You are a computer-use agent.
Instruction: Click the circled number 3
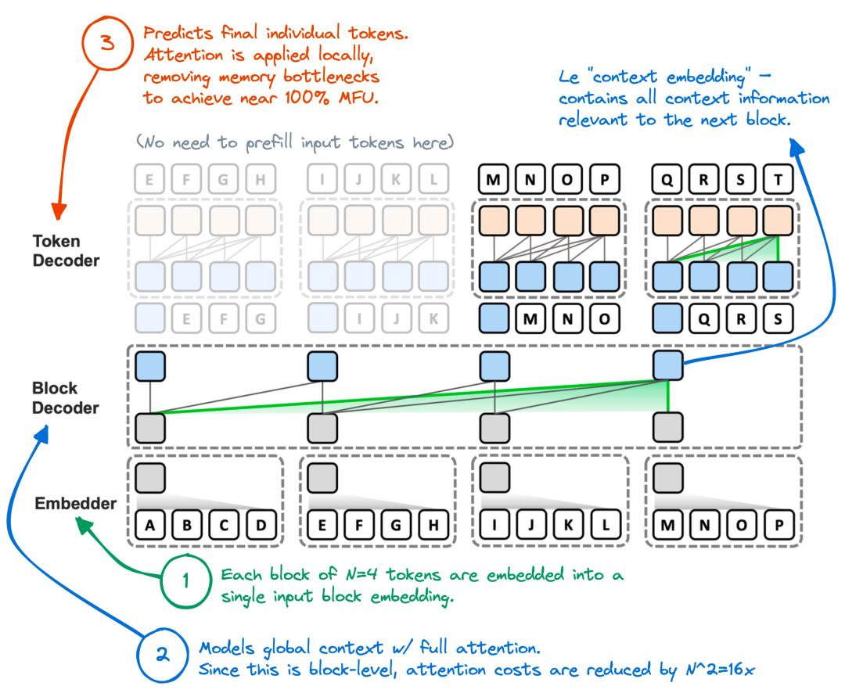pyautogui.click(x=108, y=42)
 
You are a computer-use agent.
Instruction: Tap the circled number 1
pyautogui.click(x=186, y=581)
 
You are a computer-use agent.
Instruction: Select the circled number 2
pyautogui.click(x=163, y=655)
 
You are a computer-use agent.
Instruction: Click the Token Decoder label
pyautogui.click(x=67, y=251)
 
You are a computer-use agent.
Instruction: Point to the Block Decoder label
pyautogui.click(x=65, y=398)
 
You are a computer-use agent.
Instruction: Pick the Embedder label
pyautogui.click(x=75, y=503)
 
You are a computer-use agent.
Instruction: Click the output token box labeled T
pyautogui.click(x=778, y=179)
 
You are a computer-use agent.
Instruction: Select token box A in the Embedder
pyautogui.click(x=149, y=525)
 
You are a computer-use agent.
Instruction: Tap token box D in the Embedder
pyautogui.click(x=261, y=525)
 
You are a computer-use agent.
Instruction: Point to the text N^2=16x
pyautogui.click(x=720, y=670)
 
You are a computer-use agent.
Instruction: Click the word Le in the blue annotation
pyautogui.click(x=569, y=77)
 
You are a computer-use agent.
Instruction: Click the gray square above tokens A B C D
pyautogui.click(x=149, y=478)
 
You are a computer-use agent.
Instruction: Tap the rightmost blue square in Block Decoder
pyautogui.click(x=668, y=366)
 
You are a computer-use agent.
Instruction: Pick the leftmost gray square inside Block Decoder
pyautogui.click(x=149, y=428)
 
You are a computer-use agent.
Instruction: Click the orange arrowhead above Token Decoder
pyautogui.click(x=58, y=211)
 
